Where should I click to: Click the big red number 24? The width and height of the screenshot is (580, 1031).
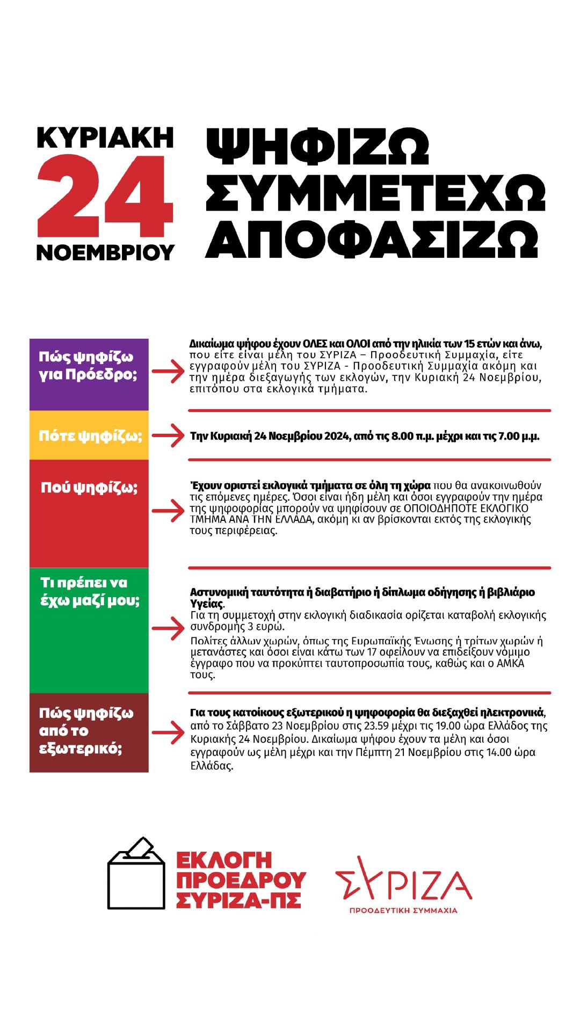tap(105, 196)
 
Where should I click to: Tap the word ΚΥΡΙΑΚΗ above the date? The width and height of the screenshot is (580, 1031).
tap(105, 138)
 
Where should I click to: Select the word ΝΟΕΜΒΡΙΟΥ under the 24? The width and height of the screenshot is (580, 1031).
tap(105, 252)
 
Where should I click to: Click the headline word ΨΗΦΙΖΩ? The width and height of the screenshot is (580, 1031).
tap(317, 147)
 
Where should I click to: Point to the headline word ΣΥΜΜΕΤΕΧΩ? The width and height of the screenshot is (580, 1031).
tap(375, 192)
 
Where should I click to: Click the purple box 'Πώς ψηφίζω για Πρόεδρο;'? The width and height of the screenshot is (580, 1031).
tap(89, 374)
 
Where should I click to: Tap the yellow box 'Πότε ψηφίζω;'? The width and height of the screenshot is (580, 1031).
tap(89, 435)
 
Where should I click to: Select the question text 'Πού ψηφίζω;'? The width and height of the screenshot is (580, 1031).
tap(89, 488)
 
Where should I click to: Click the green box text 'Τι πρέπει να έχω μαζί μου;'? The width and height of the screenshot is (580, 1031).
tap(89, 591)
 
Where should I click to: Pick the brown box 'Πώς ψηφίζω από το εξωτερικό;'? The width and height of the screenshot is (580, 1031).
tap(89, 731)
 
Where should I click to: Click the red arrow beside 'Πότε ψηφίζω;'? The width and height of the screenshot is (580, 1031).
tap(168, 435)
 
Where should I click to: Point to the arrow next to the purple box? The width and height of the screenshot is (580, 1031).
tap(168, 371)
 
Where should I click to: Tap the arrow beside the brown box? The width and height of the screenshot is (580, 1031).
tap(168, 732)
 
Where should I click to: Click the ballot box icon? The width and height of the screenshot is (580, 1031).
tap(136, 873)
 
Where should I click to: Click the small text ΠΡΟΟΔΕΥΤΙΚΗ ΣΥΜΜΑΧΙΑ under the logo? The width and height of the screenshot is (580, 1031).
tap(403, 911)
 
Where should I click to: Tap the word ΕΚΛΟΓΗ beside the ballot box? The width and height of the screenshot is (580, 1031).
tap(224, 860)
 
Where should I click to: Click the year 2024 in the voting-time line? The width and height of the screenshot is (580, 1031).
tap(337, 436)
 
